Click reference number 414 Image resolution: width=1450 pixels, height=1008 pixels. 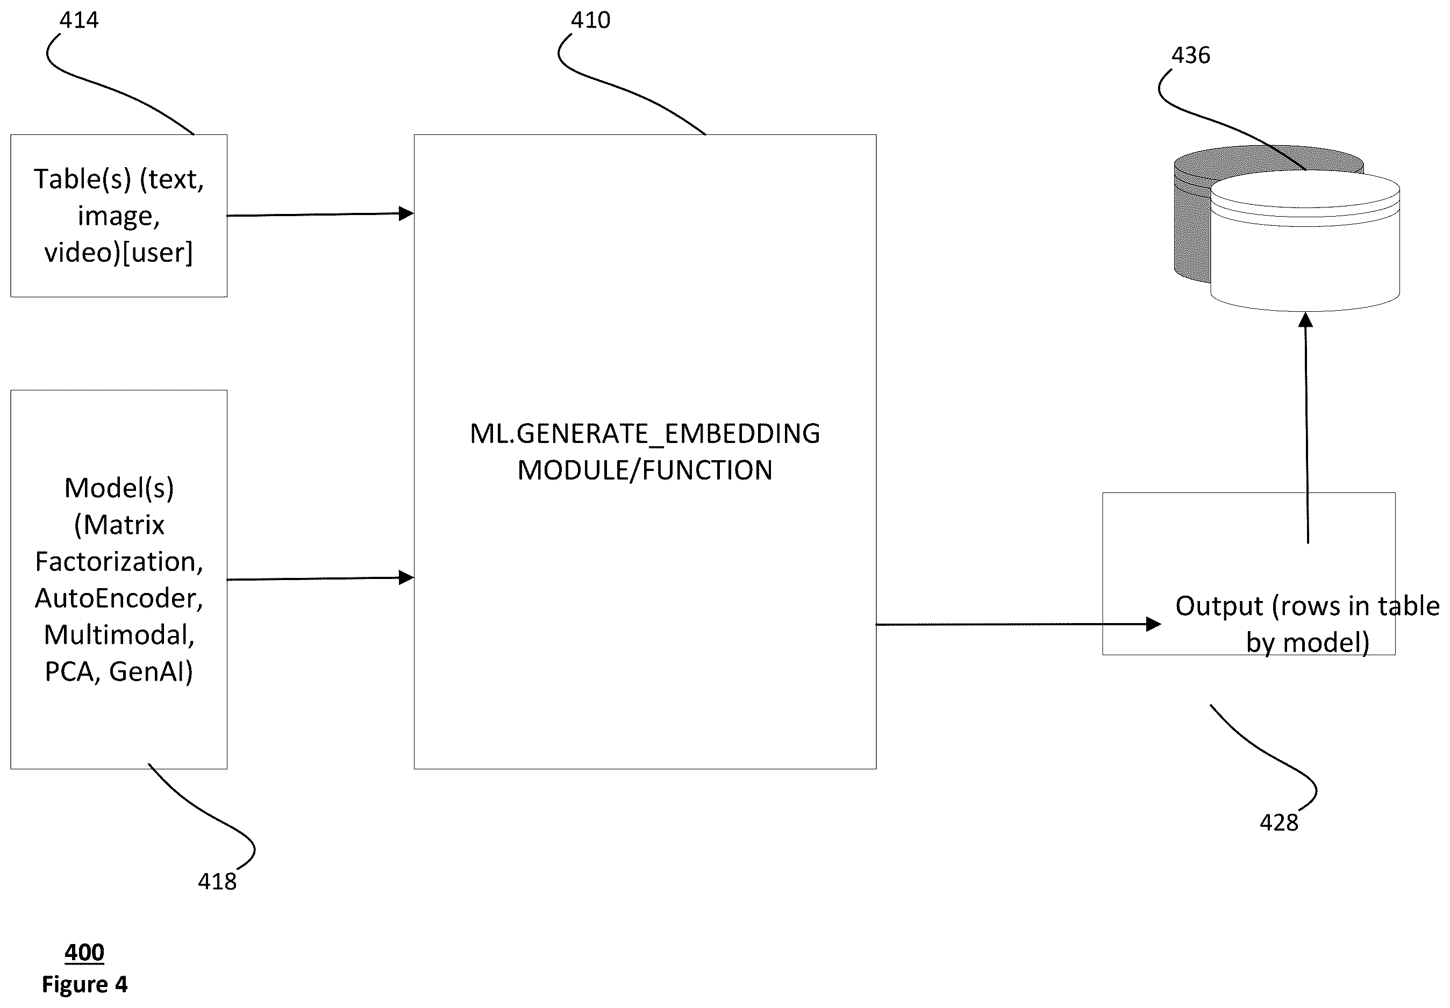coord(79,20)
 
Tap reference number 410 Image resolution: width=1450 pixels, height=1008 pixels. coord(590,20)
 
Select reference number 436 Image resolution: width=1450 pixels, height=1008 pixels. coord(1190,55)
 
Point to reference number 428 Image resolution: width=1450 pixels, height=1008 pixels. coord(1279,823)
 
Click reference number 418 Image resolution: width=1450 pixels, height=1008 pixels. coord(217,881)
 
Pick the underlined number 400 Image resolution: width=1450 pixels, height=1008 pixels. coord(84,952)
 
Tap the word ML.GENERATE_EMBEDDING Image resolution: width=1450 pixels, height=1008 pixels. coord(645,434)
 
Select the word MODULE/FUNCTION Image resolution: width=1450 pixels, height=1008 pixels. coord(645,470)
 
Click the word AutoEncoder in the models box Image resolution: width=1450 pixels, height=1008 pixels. coord(119,598)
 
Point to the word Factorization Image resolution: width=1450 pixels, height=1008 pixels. coord(119,561)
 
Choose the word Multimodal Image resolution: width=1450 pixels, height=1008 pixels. coord(119,635)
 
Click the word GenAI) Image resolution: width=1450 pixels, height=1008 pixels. coord(151,671)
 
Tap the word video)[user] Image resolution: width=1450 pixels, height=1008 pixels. coord(119,253)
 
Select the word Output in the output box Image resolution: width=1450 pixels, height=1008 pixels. coord(1219,606)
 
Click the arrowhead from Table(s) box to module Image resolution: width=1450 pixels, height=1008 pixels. coord(406,213)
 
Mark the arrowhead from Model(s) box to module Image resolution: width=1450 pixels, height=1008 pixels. coord(406,577)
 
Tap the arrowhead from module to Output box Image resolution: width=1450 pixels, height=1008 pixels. coord(1153,624)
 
